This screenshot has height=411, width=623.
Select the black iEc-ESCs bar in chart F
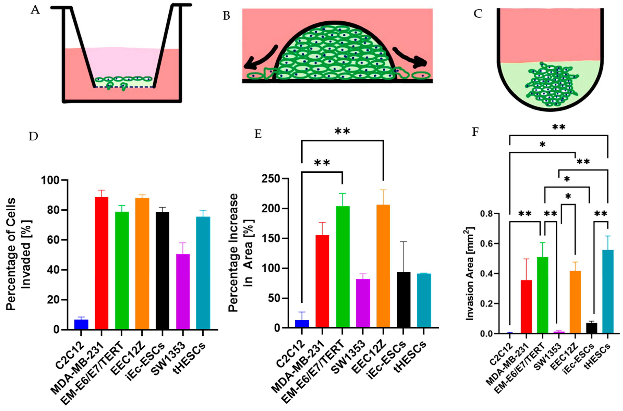pyautogui.click(x=591, y=328)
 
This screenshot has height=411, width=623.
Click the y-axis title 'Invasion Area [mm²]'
pyautogui.click(x=470, y=274)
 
